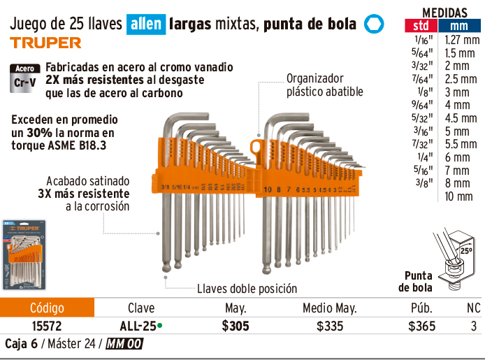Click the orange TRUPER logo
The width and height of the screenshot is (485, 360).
point(45,43)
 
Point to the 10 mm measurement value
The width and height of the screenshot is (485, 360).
point(458,196)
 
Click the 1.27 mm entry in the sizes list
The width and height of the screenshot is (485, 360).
point(462,40)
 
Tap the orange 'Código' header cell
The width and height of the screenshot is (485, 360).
point(47,308)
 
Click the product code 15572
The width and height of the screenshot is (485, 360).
point(47,326)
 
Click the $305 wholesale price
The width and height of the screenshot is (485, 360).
point(236,326)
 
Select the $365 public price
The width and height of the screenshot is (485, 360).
point(421,326)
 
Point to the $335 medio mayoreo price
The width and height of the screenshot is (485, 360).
point(330,326)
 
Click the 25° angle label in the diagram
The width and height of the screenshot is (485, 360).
point(465,250)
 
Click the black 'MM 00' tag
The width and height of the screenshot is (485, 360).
point(125,344)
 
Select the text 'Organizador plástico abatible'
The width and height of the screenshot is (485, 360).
point(325,85)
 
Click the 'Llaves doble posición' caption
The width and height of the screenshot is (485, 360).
point(247,288)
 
